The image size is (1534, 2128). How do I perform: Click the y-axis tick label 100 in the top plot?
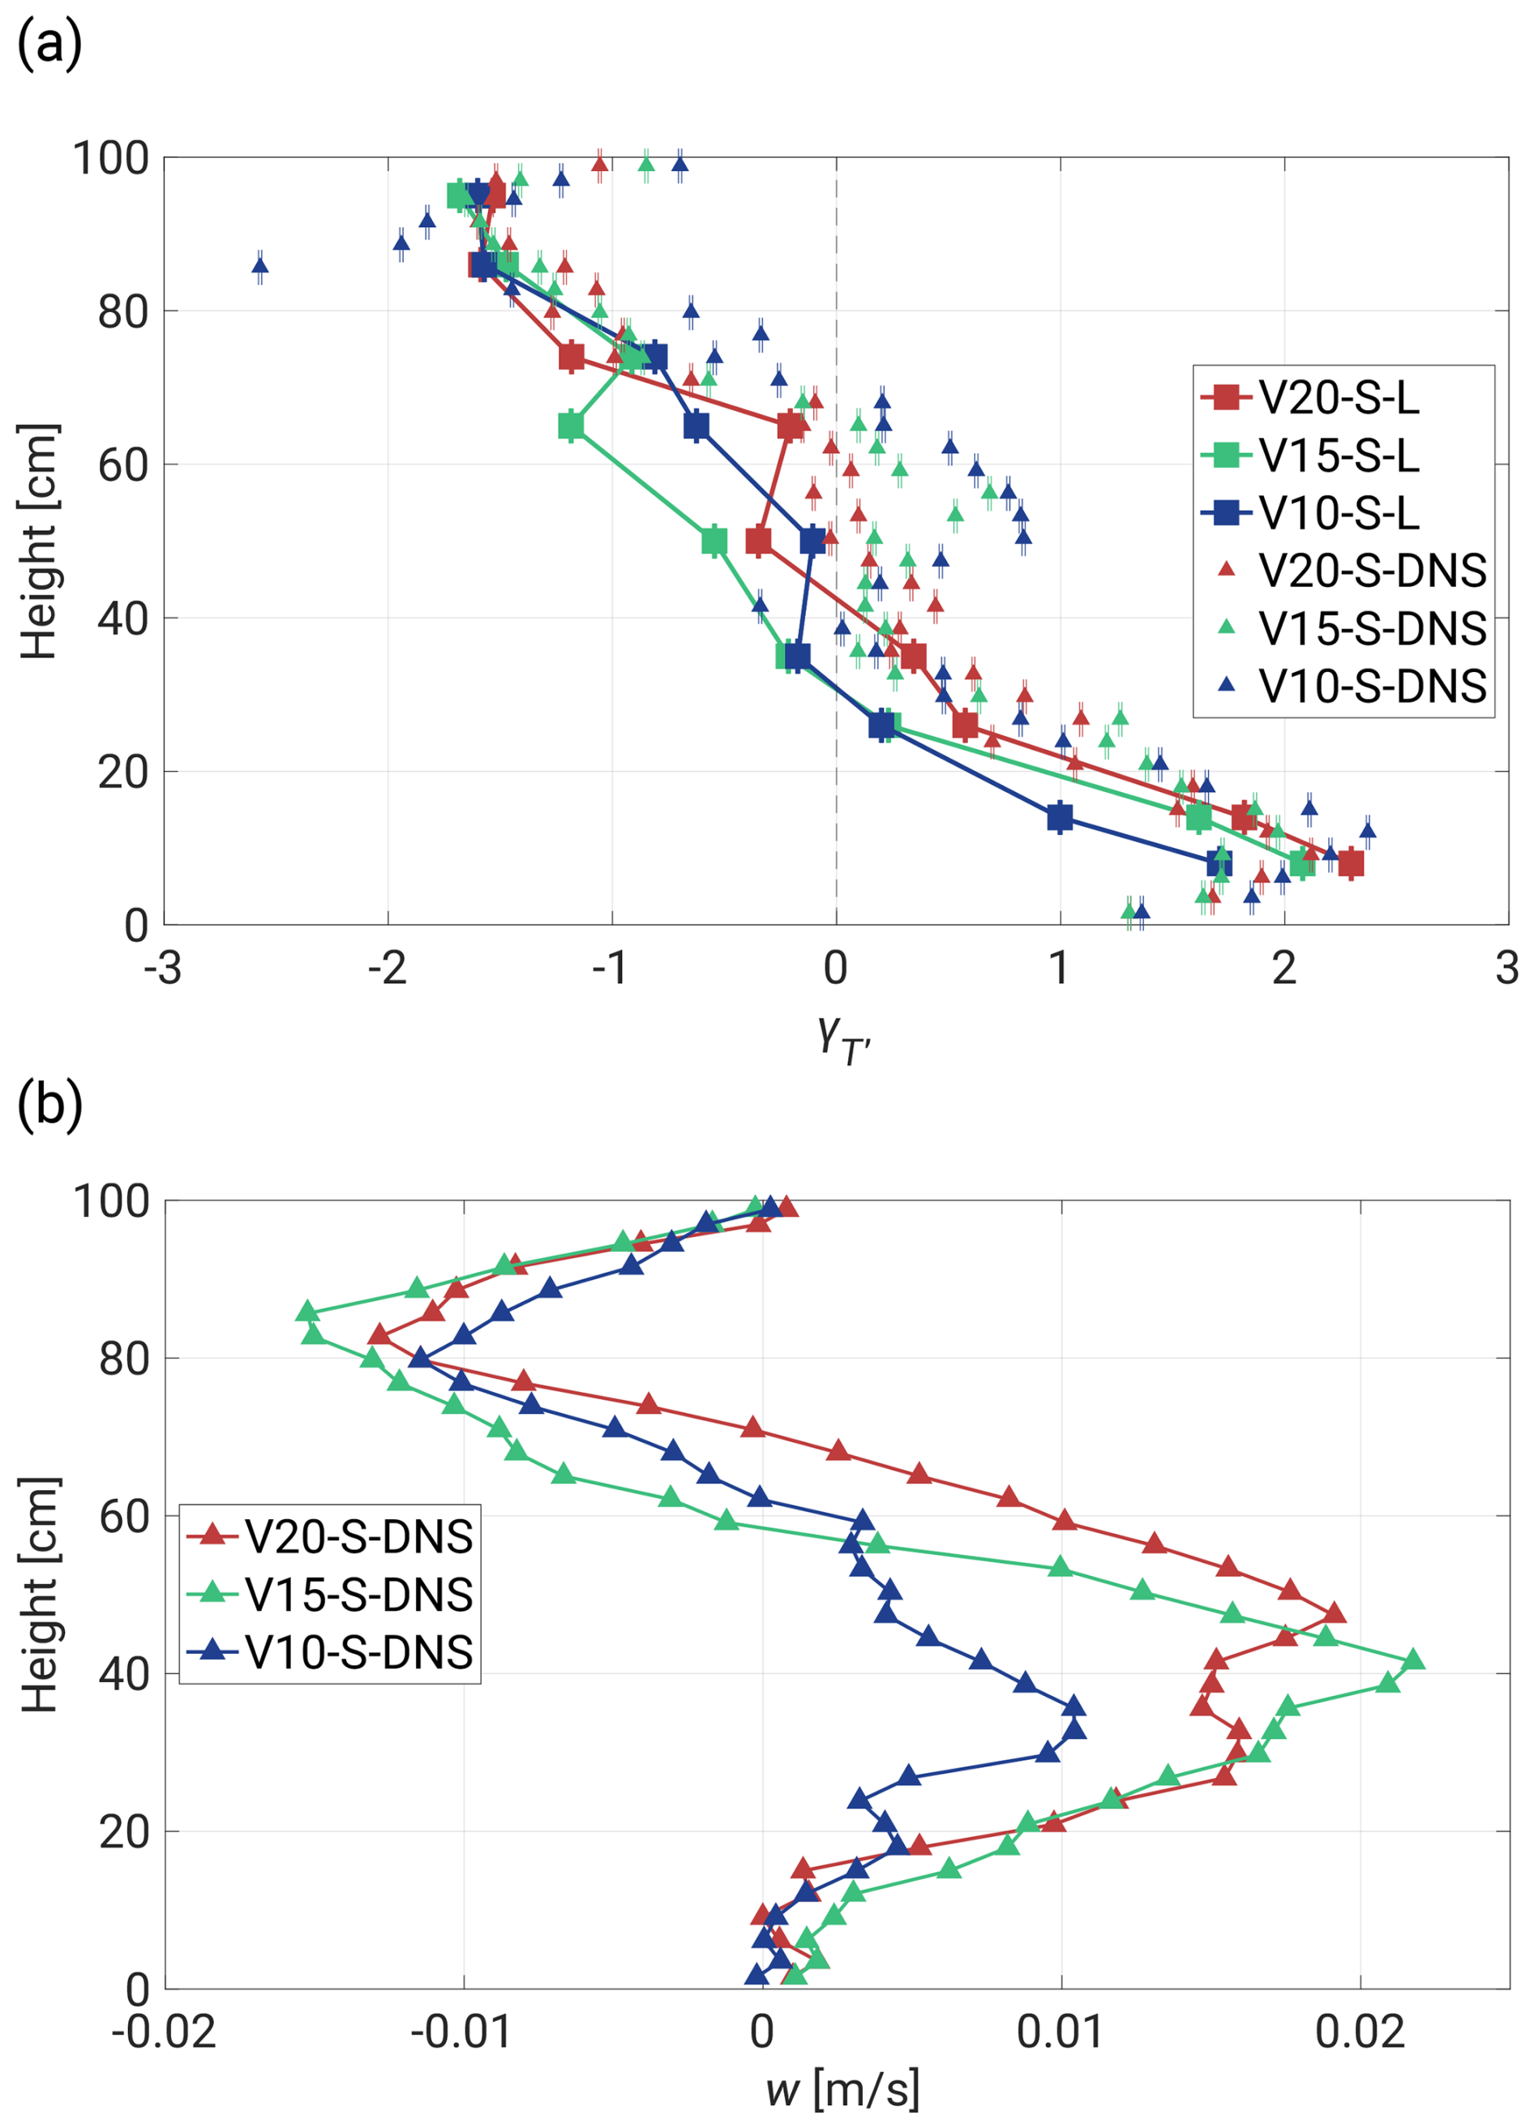[x=111, y=159]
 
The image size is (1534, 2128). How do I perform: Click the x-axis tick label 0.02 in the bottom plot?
[x=1360, y=2032]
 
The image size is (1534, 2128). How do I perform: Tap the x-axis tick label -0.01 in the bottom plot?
[x=461, y=2032]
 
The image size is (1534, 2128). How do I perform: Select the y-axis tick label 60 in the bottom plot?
[x=124, y=1516]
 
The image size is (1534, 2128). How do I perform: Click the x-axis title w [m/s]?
[x=842, y=2090]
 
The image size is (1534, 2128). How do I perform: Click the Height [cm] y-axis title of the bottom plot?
[x=40, y=1595]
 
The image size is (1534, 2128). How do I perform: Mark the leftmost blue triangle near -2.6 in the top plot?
[x=260, y=267]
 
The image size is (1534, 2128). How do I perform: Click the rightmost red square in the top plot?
[x=1350, y=863]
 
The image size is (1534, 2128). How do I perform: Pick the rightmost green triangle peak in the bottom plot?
[x=1413, y=1661]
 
